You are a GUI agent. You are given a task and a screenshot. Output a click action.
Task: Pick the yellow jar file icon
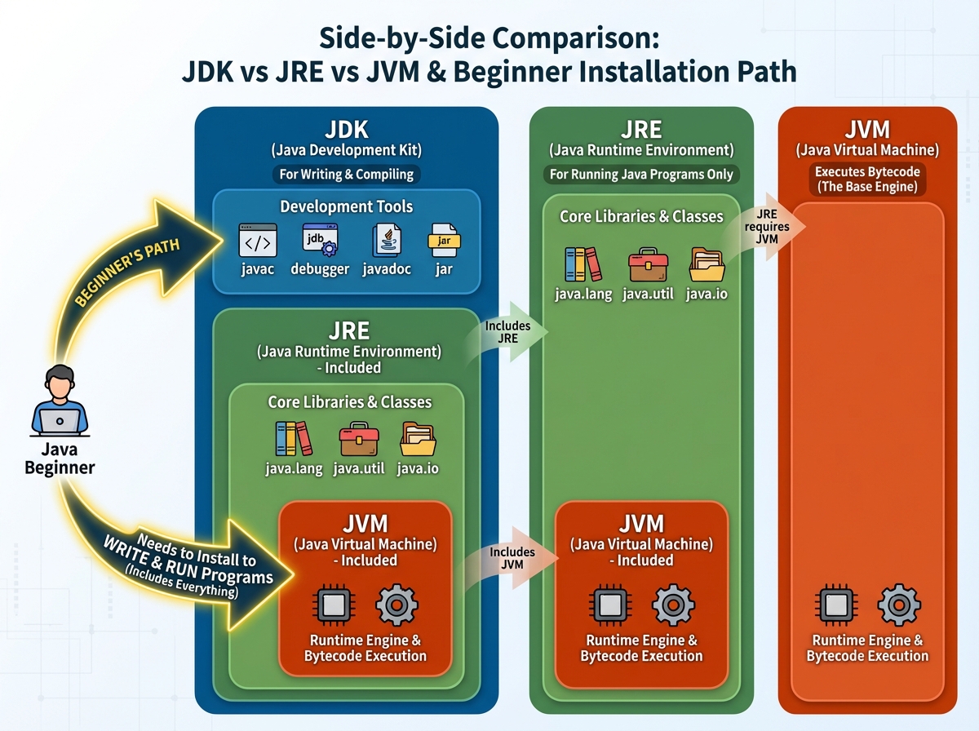445,241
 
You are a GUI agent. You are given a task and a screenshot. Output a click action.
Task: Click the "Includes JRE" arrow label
507,332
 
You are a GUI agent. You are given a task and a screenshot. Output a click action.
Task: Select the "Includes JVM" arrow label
512,559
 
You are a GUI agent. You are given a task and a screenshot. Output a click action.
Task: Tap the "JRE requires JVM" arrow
767,225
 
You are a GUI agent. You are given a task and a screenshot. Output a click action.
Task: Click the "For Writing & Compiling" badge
346,174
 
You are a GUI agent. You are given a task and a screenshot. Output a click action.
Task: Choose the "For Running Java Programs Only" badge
640,174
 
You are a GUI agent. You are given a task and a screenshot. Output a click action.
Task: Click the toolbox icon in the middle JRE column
648,264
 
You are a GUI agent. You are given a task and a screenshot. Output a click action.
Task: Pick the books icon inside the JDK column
294,439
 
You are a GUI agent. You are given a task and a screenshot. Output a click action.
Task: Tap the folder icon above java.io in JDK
418,439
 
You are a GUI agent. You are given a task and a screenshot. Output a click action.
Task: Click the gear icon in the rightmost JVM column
898,606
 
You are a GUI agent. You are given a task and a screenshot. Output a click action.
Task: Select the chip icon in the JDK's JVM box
333,606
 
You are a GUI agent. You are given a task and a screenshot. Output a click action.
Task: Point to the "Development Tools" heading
347,206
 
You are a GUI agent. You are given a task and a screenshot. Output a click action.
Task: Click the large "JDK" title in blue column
346,130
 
